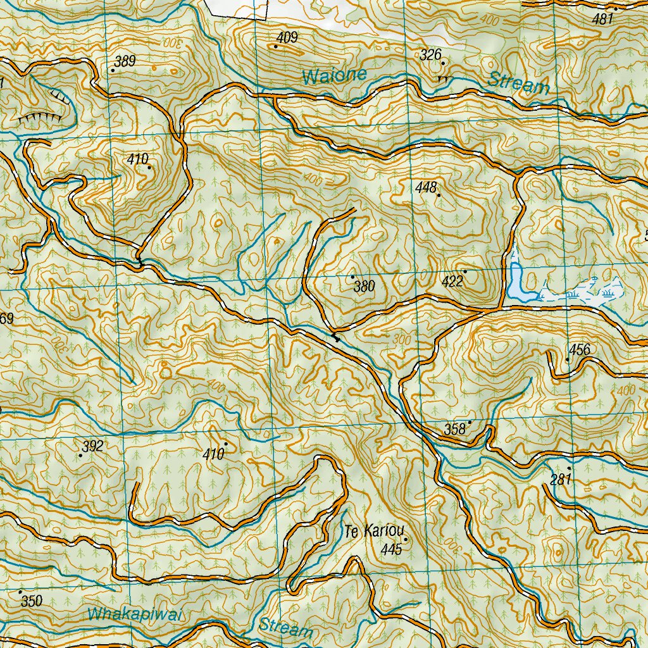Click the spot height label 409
(287, 38)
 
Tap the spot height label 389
(126, 61)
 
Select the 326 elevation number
(430, 56)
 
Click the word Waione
(334, 76)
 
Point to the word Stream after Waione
(519, 83)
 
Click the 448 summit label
(427, 187)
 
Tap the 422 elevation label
(453, 282)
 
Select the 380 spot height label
(364, 287)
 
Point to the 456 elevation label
(579, 350)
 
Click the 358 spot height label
(454, 429)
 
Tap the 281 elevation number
(561, 480)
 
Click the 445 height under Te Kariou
(392, 549)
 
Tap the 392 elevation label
(93, 447)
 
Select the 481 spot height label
(603, 20)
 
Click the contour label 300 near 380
(402, 339)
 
